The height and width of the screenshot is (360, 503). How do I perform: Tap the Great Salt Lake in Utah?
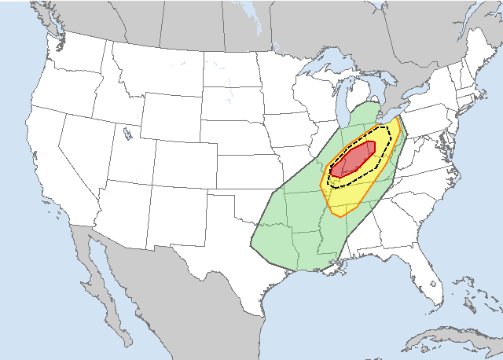127,134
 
